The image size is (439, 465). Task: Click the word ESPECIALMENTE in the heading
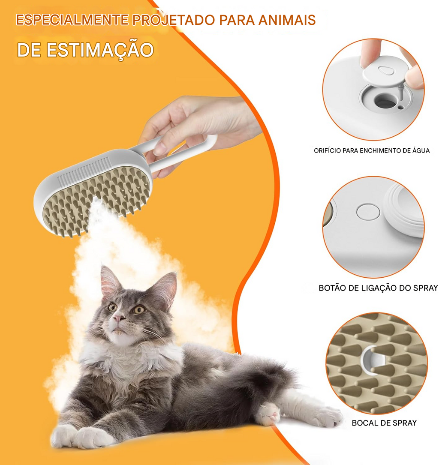(x=72, y=20)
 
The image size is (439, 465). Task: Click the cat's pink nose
(x=119, y=318)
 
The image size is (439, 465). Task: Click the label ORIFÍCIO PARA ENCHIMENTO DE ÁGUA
(x=372, y=151)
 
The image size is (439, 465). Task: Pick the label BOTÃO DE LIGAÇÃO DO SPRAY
(x=378, y=288)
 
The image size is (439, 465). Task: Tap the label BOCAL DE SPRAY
(x=384, y=423)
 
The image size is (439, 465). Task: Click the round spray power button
(x=368, y=212)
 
